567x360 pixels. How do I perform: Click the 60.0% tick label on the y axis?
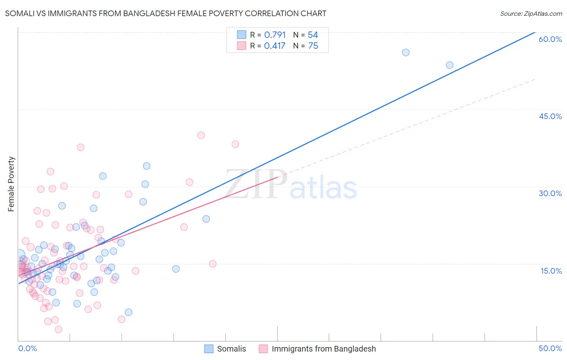[x=550, y=39]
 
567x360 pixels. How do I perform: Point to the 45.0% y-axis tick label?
[x=550, y=116]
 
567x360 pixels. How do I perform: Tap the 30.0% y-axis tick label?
[x=550, y=193]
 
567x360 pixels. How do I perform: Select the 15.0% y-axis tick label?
[x=551, y=271]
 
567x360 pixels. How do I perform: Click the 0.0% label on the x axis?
[x=27, y=348]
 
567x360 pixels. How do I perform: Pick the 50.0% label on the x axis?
[x=550, y=348]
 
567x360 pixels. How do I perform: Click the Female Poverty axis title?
[x=11, y=184]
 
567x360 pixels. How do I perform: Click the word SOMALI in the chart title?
[x=19, y=13]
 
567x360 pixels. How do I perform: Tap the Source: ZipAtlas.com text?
[x=531, y=13]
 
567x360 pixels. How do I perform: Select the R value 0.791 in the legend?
[x=275, y=35]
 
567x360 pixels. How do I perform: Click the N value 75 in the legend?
[x=313, y=46]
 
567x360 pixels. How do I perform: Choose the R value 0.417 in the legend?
[x=275, y=46]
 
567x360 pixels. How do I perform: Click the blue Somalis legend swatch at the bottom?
[x=209, y=349]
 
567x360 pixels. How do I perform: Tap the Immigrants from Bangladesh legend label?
[x=323, y=349]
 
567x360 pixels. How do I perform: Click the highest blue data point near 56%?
[x=406, y=52]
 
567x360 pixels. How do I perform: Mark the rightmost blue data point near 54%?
[x=450, y=65]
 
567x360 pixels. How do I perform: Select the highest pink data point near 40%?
[x=201, y=135]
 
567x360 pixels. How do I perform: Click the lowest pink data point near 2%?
[x=58, y=329]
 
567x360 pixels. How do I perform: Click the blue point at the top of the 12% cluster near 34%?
[x=147, y=166]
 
